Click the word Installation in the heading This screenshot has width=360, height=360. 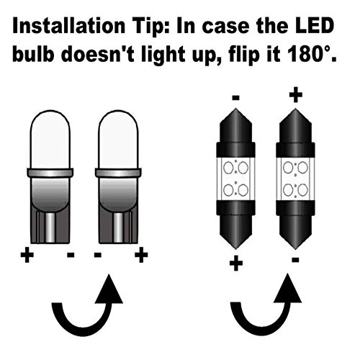[x=65, y=27]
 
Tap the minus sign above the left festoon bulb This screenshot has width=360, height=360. [x=235, y=96]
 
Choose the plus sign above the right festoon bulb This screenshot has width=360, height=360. [x=294, y=96]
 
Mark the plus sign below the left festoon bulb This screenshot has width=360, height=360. [x=235, y=264]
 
